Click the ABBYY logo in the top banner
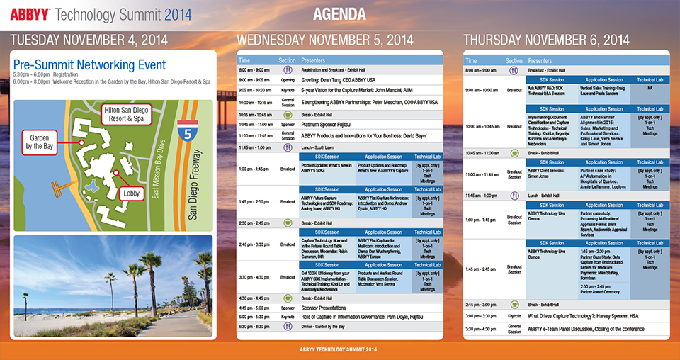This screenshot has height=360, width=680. [x=28, y=13]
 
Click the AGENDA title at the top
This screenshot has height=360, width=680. [x=339, y=14]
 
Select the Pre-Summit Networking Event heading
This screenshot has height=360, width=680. [x=89, y=65]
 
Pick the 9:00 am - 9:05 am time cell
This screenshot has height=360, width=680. [x=254, y=80]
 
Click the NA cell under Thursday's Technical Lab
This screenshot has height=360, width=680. [x=650, y=89]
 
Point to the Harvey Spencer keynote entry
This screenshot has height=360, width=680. [x=583, y=315]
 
